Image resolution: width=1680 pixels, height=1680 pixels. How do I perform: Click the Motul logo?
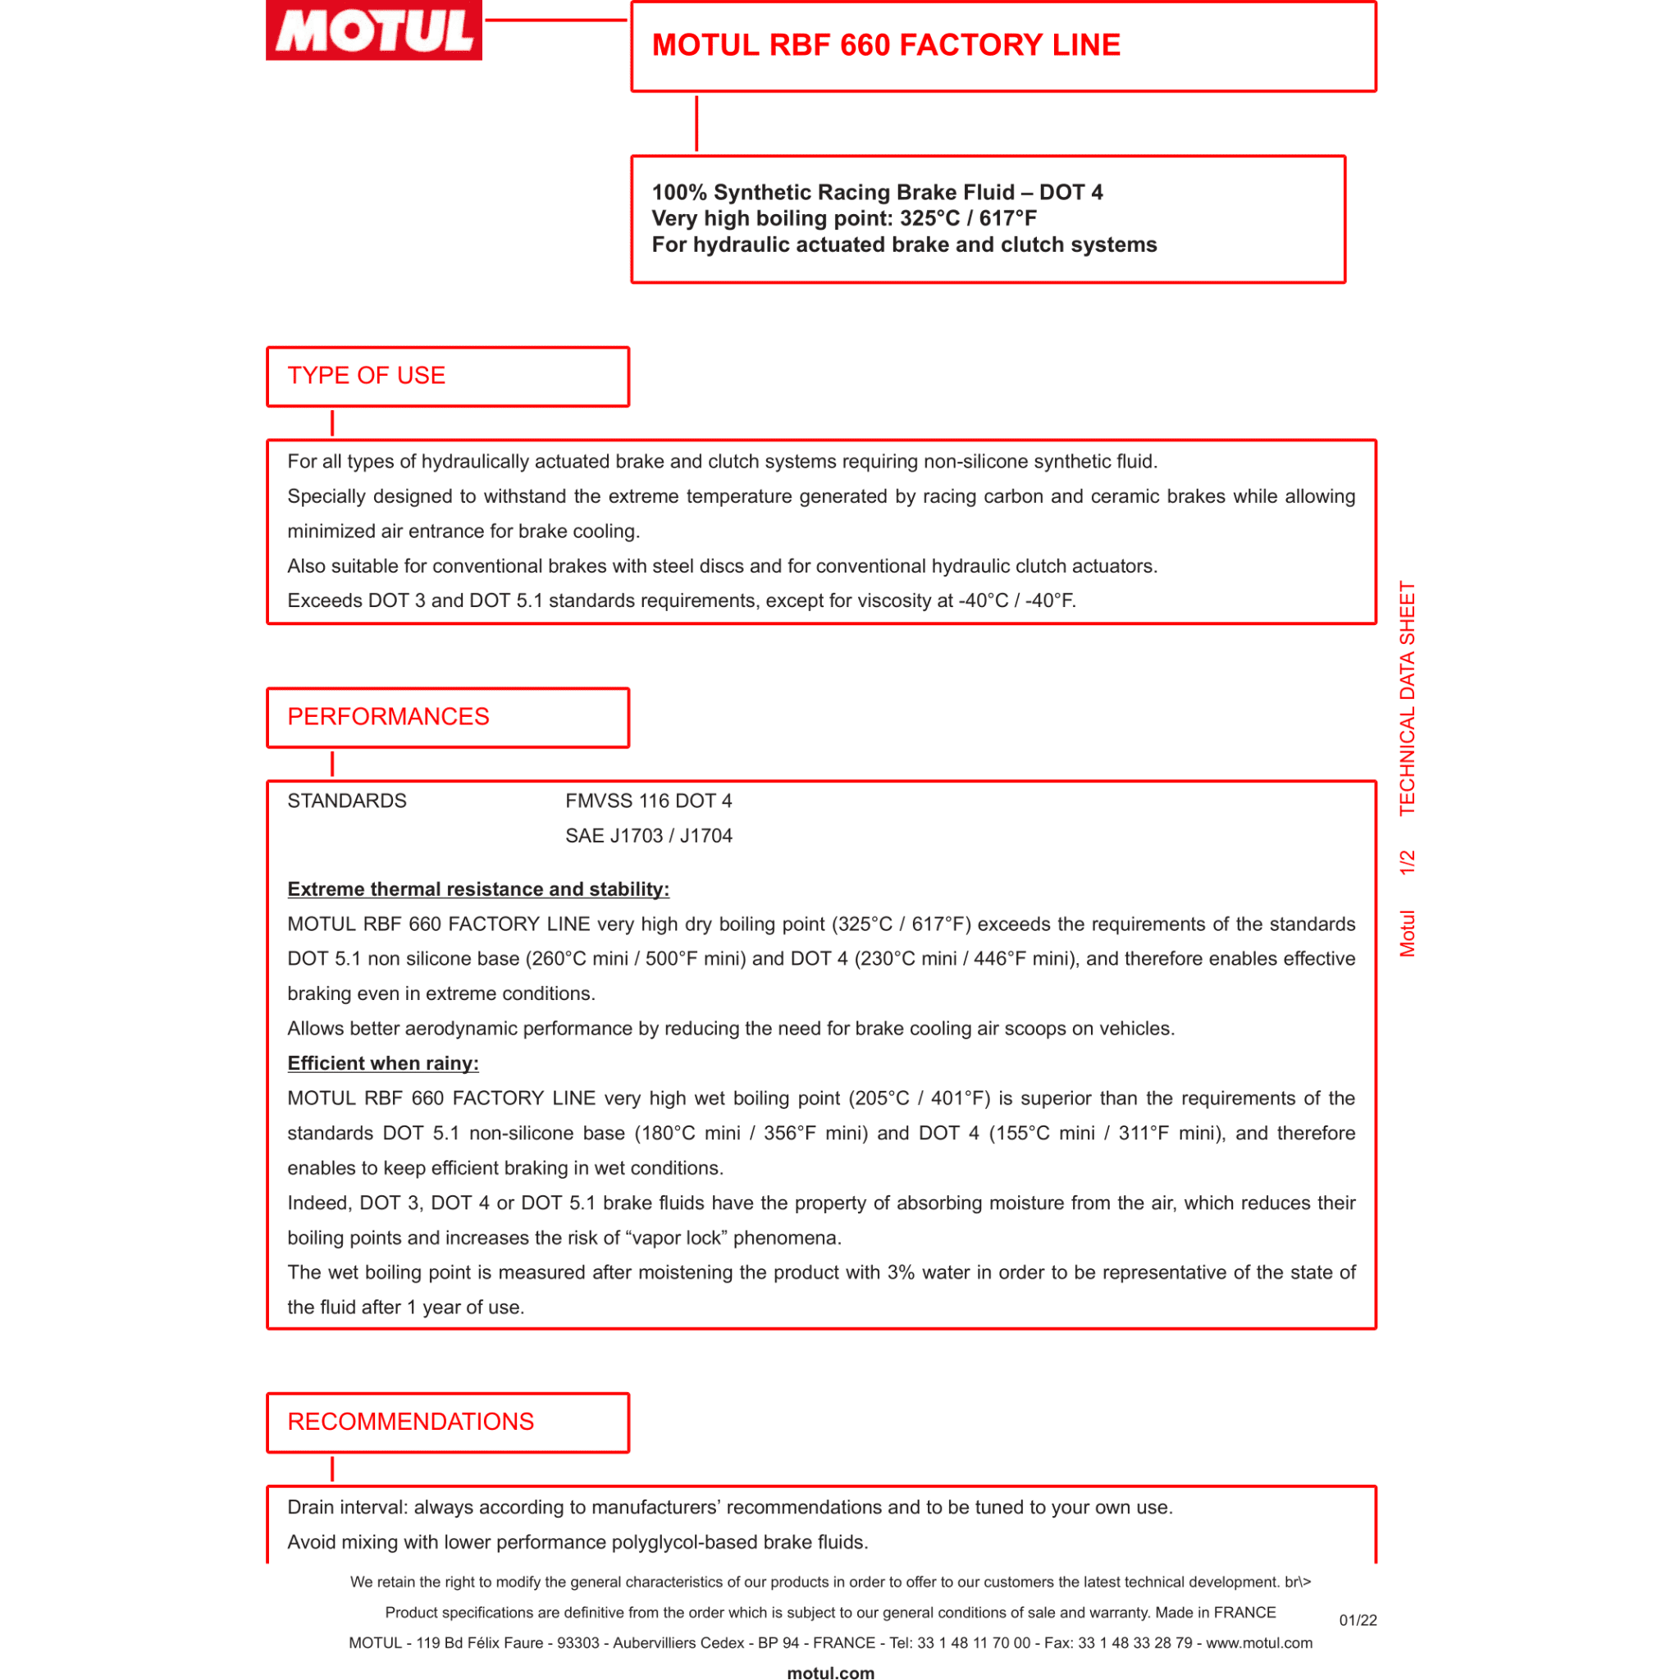tap(374, 30)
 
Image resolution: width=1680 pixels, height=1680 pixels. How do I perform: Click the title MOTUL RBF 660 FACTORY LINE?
tap(885, 45)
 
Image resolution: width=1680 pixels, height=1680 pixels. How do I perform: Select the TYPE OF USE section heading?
tap(366, 376)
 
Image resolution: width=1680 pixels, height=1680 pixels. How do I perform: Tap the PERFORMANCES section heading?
tap(388, 716)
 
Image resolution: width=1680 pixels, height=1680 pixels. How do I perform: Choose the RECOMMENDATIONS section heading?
tap(410, 1422)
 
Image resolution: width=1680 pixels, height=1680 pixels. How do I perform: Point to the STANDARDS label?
tap(347, 801)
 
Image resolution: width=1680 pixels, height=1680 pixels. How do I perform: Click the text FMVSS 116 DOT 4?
tap(649, 801)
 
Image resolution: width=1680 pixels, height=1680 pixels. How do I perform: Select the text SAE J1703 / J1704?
tap(649, 836)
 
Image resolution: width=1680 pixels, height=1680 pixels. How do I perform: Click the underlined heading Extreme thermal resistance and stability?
tap(478, 888)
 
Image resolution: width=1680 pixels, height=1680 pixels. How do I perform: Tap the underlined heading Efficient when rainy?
tap(382, 1062)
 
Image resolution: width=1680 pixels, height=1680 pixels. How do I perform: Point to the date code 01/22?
tap(1358, 1620)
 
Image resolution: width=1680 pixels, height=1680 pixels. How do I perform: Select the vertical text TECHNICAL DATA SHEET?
tap(1407, 698)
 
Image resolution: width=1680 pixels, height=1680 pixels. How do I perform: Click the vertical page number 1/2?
tap(1407, 863)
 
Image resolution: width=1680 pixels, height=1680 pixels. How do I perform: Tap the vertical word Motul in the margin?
tap(1407, 934)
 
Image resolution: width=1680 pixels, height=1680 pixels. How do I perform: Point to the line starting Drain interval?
tap(729, 1507)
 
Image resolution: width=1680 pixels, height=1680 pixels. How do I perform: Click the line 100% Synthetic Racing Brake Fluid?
tap(878, 192)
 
